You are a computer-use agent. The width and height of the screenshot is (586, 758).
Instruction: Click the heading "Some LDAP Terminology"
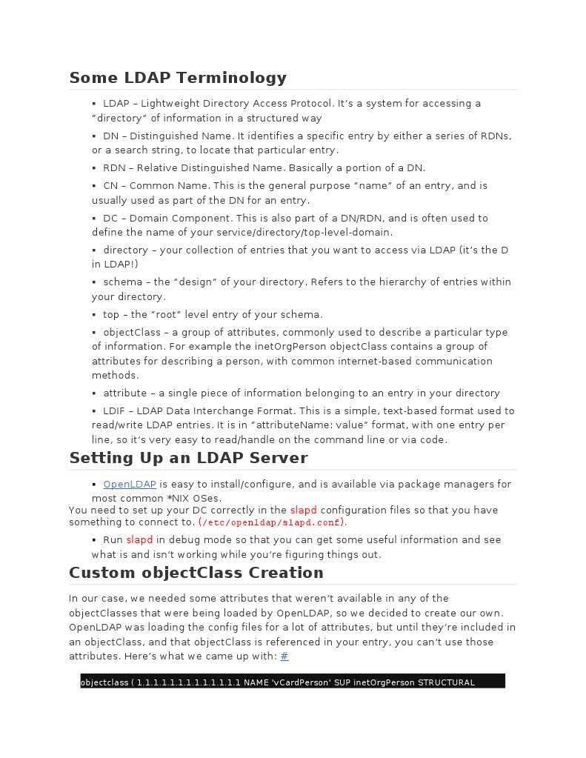[178, 78]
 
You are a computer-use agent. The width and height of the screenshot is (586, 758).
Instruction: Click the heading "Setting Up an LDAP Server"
[188, 458]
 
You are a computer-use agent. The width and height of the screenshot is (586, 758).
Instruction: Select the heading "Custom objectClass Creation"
[196, 573]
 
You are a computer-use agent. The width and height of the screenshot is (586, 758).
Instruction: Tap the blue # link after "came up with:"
[284, 656]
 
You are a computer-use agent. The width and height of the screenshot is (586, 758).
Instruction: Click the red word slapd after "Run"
[139, 540]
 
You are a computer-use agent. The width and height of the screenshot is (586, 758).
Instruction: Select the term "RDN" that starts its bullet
[115, 168]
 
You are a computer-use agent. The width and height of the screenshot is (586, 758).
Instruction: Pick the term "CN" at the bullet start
[110, 186]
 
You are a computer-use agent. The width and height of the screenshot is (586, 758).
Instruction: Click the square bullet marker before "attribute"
[94, 393]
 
